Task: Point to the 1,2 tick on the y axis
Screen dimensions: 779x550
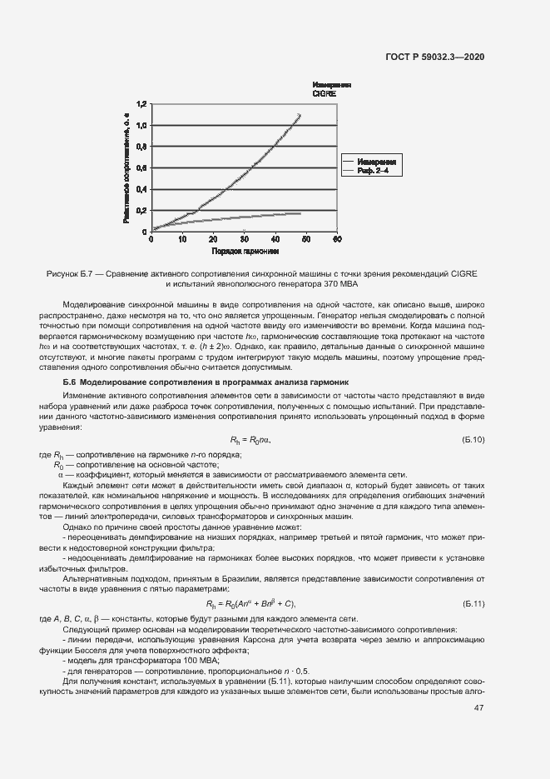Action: pos(141,104)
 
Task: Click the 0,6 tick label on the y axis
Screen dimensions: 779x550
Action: pos(141,167)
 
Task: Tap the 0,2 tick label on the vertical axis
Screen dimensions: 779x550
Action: pos(141,210)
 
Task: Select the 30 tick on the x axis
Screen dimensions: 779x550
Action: pos(244,240)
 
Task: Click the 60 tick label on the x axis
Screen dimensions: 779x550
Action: pos(337,240)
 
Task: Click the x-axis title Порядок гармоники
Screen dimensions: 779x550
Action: pos(245,251)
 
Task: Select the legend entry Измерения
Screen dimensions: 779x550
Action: pos(375,160)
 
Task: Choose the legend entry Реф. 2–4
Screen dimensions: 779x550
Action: pos(373,170)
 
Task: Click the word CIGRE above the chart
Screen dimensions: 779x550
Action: pos(325,94)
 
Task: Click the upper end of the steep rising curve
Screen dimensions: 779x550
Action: pos(300,114)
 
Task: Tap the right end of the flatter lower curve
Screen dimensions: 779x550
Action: pos(300,213)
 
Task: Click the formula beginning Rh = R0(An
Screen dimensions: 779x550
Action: pos(250,603)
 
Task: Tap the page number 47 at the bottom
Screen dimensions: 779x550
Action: pos(479,708)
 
